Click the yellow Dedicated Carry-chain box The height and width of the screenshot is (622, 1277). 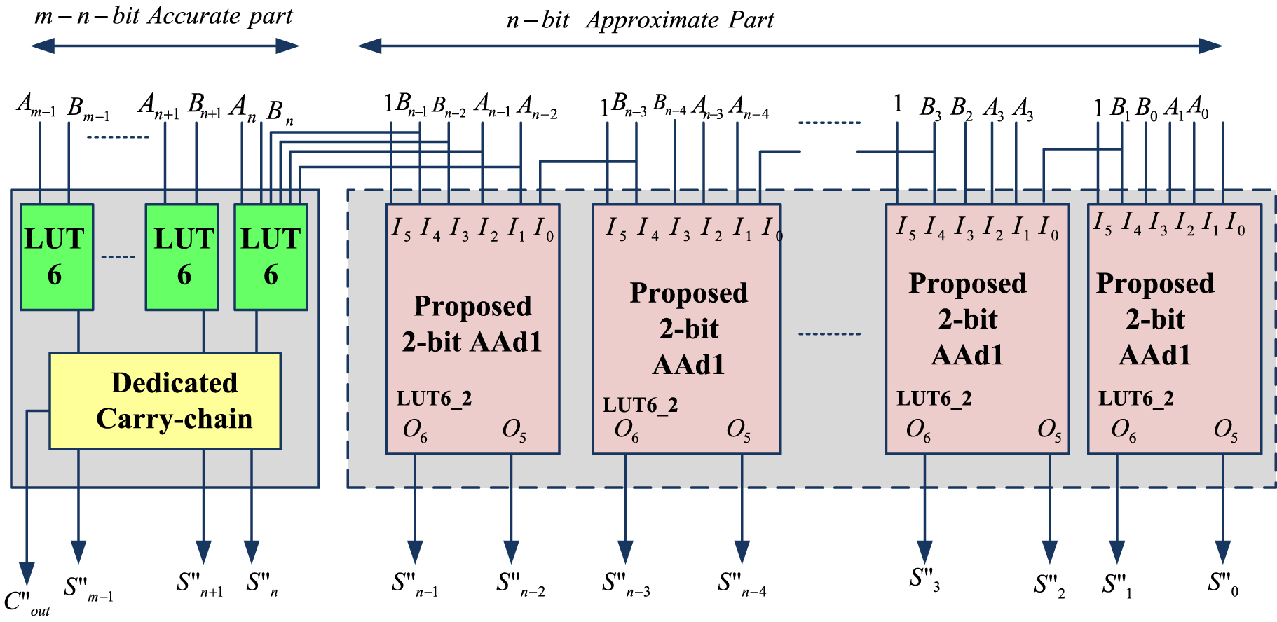pos(165,401)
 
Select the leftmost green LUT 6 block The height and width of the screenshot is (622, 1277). pos(56,257)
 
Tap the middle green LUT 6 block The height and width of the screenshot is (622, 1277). pos(182,257)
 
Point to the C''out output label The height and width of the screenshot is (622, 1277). pos(27,602)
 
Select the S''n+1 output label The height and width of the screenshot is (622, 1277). pos(200,583)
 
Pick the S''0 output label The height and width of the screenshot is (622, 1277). pos(1223,583)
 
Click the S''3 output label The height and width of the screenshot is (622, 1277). pos(924,579)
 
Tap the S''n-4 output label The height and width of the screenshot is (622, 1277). pos(742,583)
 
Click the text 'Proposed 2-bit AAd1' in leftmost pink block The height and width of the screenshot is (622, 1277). pos(472,324)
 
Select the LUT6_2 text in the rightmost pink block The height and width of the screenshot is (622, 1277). pos(1135,399)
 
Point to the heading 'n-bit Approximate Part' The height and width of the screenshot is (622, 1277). pos(640,20)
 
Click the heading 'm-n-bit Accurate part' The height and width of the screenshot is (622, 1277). pos(163,15)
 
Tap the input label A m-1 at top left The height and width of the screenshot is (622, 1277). pos(36,106)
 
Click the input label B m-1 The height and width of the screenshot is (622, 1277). pos(88,109)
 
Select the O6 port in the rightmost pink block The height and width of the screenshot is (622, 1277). pos(1123,429)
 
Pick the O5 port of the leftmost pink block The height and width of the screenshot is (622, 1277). pos(514,429)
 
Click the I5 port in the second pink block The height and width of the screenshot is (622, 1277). pos(615,228)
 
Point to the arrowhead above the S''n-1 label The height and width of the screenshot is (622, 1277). pos(415,551)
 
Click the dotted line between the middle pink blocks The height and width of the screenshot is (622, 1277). pos(829,333)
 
